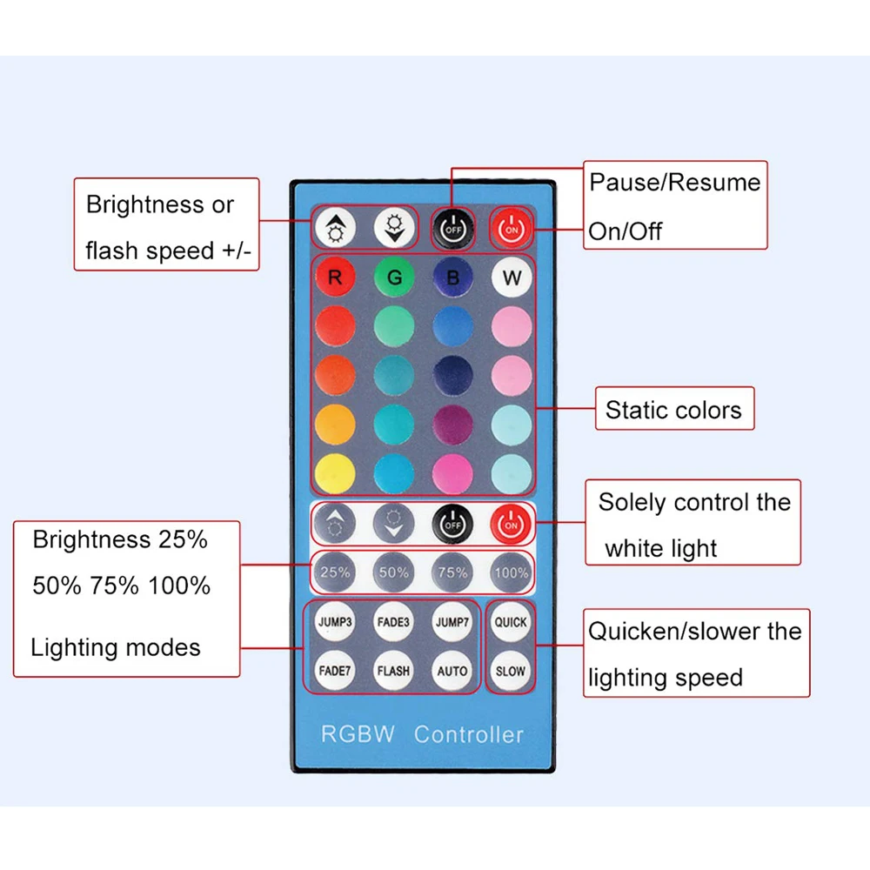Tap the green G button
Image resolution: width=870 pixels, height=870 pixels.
394,277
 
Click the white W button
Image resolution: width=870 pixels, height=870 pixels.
511,277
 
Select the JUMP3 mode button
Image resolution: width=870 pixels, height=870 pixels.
335,622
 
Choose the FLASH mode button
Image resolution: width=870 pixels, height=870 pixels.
393,671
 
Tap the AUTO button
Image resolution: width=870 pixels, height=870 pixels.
452,671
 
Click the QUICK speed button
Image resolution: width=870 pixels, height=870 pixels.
511,622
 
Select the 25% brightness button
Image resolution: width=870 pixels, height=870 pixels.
335,572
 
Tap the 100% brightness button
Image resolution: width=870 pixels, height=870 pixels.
511,572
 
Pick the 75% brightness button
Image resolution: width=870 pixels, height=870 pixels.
452,572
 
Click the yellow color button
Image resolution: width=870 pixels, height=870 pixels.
335,474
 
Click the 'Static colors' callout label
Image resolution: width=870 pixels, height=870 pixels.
674,410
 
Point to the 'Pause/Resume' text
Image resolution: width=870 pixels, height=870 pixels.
675,183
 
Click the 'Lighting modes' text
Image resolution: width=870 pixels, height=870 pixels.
116,647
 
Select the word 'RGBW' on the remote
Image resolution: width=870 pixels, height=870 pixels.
358,734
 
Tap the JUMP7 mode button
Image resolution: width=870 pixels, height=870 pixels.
452,622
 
